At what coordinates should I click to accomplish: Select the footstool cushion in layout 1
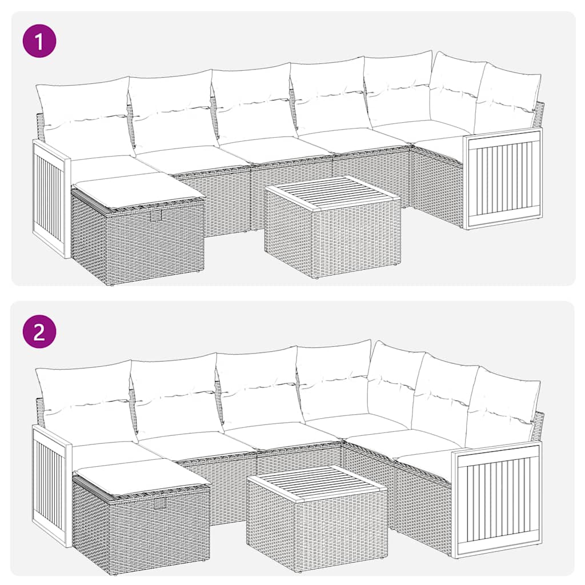tap(139, 189)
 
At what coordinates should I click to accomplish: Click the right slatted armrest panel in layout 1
tap(503, 178)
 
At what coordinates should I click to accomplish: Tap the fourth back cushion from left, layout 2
tap(334, 380)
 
